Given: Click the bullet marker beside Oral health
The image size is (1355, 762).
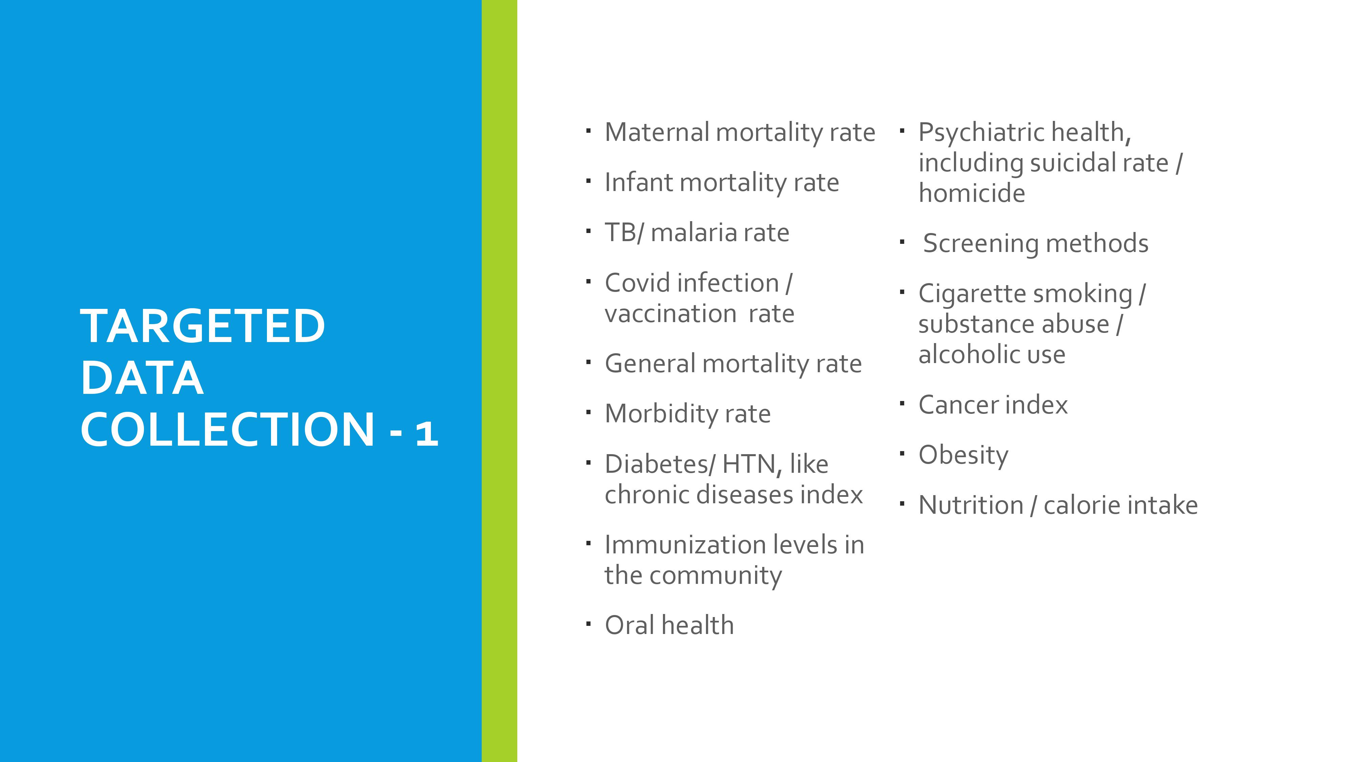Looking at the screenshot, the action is (589, 624).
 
